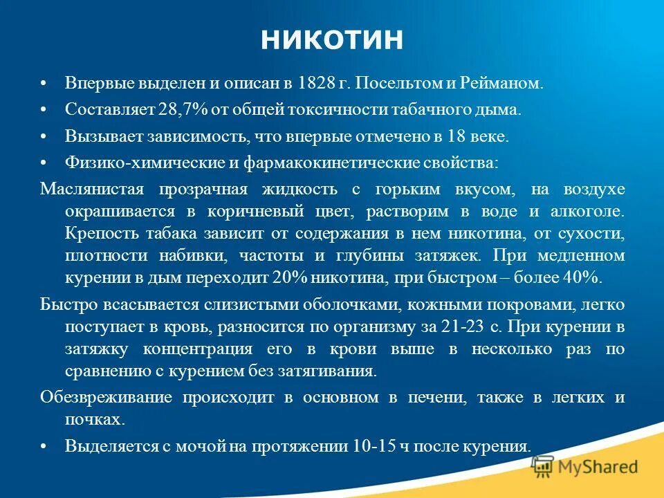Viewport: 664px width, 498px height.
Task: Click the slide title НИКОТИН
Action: pos(331,40)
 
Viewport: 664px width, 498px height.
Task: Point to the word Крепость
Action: pos(96,233)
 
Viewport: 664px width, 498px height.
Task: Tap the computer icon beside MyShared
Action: pos(543,466)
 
